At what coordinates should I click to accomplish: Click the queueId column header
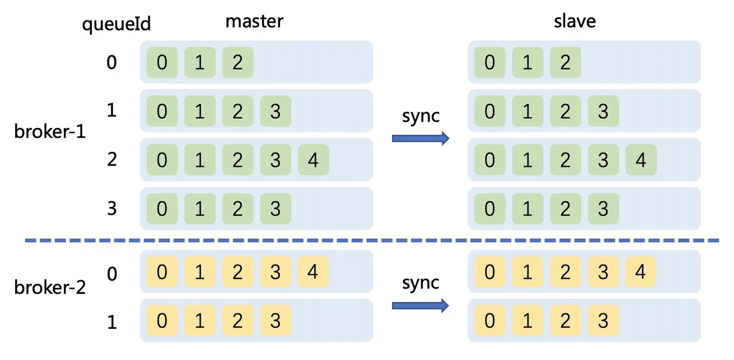116,24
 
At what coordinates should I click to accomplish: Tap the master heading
254,21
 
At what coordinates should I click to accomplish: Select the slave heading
575,21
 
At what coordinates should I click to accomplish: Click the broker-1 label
50,132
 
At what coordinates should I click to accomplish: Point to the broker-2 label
50,287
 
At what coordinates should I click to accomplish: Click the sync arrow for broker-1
420,138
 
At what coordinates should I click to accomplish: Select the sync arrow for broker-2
420,306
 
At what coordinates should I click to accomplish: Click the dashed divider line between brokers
372,241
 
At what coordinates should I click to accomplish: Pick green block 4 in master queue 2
314,159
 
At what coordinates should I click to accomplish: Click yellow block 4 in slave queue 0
641,271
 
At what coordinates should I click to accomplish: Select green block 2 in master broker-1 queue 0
238,62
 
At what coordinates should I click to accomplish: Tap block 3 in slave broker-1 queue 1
603,111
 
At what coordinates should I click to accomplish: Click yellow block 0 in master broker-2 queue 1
162,320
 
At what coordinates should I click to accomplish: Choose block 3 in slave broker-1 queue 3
603,209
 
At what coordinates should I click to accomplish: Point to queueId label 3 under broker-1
112,209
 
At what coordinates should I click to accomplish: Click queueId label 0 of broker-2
112,274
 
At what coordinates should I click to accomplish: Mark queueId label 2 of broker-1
112,159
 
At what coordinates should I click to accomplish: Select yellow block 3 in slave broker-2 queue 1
603,320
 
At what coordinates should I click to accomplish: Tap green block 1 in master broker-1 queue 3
200,209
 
